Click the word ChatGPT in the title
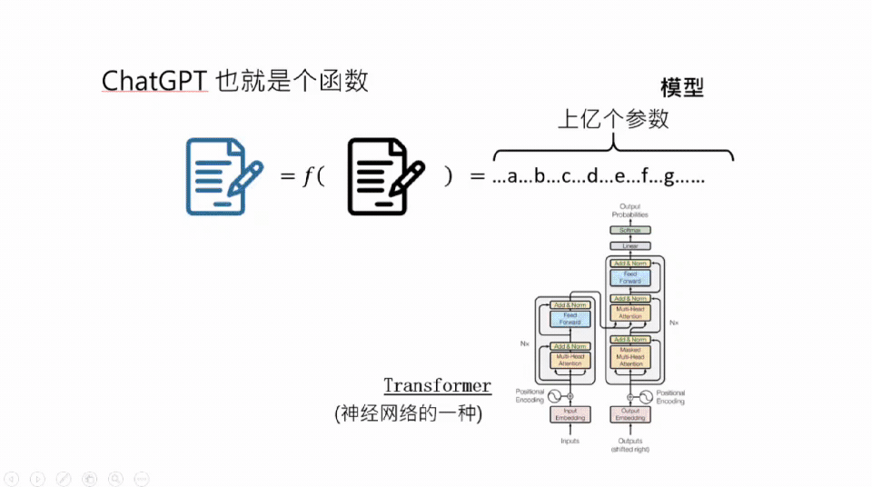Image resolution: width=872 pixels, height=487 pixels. coord(155,81)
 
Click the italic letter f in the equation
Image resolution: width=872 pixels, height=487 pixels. coord(307,176)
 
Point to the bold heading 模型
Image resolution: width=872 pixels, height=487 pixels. coord(682,87)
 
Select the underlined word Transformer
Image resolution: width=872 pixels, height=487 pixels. coord(437,386)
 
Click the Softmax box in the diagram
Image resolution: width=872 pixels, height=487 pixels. coord(629,231)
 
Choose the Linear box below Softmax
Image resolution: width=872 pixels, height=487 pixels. coord(629,246)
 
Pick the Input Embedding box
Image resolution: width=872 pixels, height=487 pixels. coord(570,414)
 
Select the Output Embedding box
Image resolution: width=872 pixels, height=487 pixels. coord(629,414)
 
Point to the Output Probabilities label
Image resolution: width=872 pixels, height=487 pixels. coord(629,211)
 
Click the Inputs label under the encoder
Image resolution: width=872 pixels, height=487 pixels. coord(570,442)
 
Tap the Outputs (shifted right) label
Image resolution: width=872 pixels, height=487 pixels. coord(629,445)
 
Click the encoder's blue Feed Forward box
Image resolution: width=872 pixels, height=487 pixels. coord(570,319)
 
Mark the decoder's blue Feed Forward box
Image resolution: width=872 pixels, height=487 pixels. coord(629,277)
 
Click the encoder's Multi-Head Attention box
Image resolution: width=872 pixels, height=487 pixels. coord(570,361)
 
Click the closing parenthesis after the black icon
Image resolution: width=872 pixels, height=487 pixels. coord(448,176)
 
